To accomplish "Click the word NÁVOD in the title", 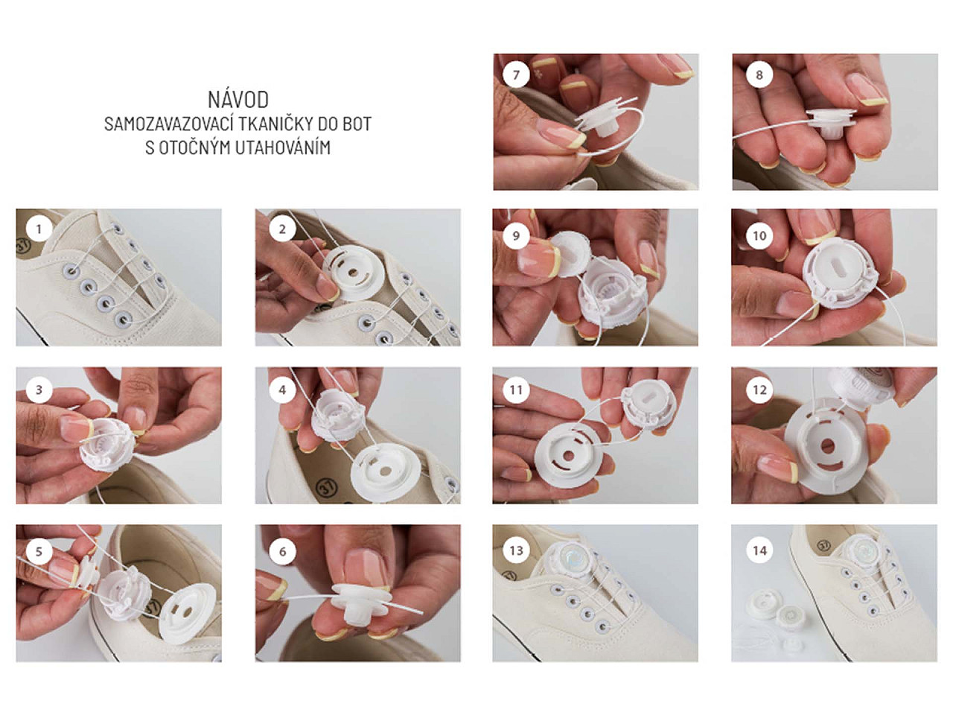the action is point(238,100).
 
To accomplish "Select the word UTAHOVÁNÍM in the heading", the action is point(283,147).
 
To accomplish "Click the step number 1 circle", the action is point(39,229).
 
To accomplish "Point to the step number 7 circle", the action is point(516,74).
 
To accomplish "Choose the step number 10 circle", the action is point(759,236).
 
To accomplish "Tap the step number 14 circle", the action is point(759,550).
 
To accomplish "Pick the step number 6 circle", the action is point(282,551).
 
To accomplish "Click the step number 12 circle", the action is point(759,390).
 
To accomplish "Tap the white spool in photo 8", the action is point(829,123).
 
